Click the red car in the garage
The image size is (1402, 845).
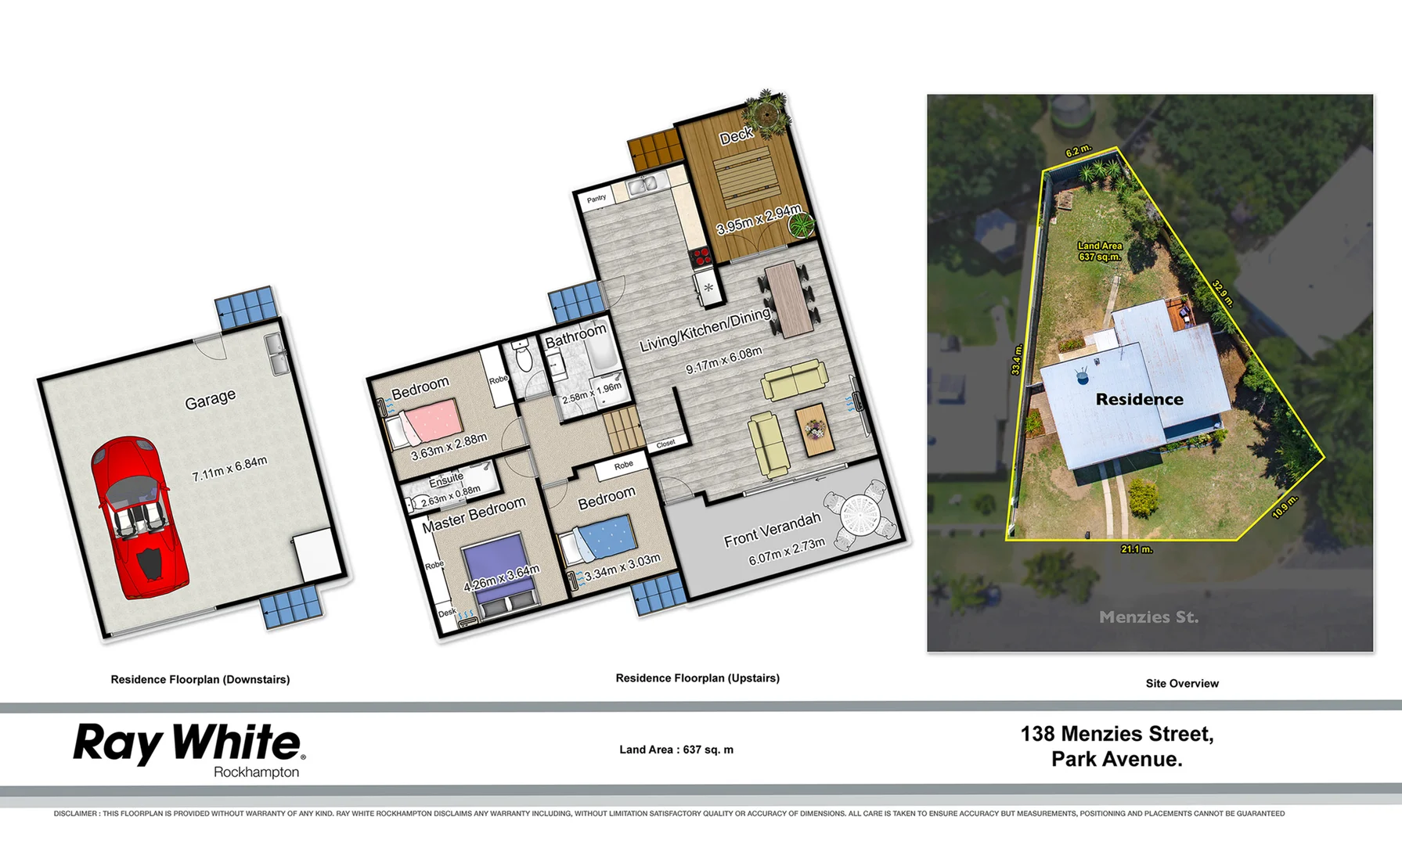tap(139, 516)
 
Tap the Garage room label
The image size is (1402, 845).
tap(210, 399)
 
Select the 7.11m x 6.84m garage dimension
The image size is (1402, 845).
tap(229, 468)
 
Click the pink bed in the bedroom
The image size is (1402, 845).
tap(431, 420)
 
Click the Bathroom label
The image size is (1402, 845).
tap(575, 336)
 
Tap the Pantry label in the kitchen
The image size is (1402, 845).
tap(596, 199)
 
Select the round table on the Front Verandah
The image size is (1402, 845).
tap(861, 515)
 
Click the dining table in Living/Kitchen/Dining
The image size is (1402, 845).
tap(788, 299)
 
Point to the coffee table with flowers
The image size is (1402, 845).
tap(814, 429)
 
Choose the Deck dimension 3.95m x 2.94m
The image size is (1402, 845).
tap(759, 219)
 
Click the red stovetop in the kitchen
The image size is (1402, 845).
tap(701, 255)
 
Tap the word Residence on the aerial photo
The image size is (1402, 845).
tap(1139, 400)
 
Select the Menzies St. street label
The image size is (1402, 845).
tap(1148, 617)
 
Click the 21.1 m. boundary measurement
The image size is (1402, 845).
tap(1136, 549)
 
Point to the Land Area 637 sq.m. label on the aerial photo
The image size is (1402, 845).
tap(1099, 251)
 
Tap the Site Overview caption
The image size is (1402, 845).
tap(1181, 684)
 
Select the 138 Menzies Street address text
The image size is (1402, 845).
tap(1116, 735)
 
